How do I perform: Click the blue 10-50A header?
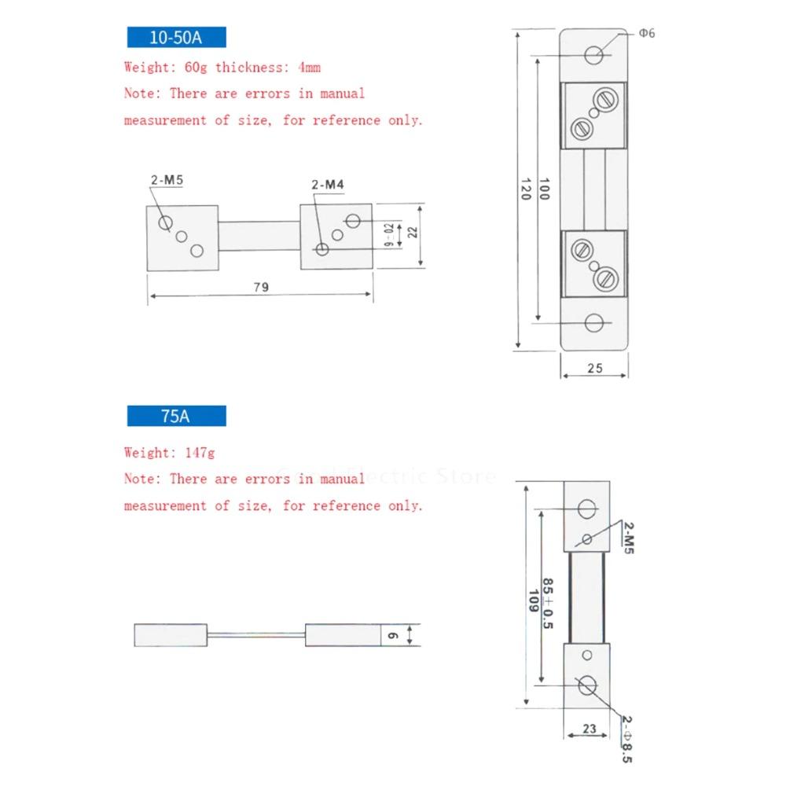[x=176, y=39]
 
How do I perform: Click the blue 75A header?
[x=176, y=417]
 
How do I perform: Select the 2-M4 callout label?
[x=328, y=185]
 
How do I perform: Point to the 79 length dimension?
[x=261, y=288]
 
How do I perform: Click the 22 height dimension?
[x=412, y=233]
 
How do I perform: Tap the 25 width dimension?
[x=595, y=368]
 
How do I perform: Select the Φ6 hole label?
[x=646, y=33]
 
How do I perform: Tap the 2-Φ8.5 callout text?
[x=626, y=738]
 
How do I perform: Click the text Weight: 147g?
[x=169, y=453]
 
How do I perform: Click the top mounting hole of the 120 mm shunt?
[x=595, y=55]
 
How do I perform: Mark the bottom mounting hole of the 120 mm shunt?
[x=595, y=323]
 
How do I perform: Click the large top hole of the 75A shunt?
[x=587, y=509]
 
